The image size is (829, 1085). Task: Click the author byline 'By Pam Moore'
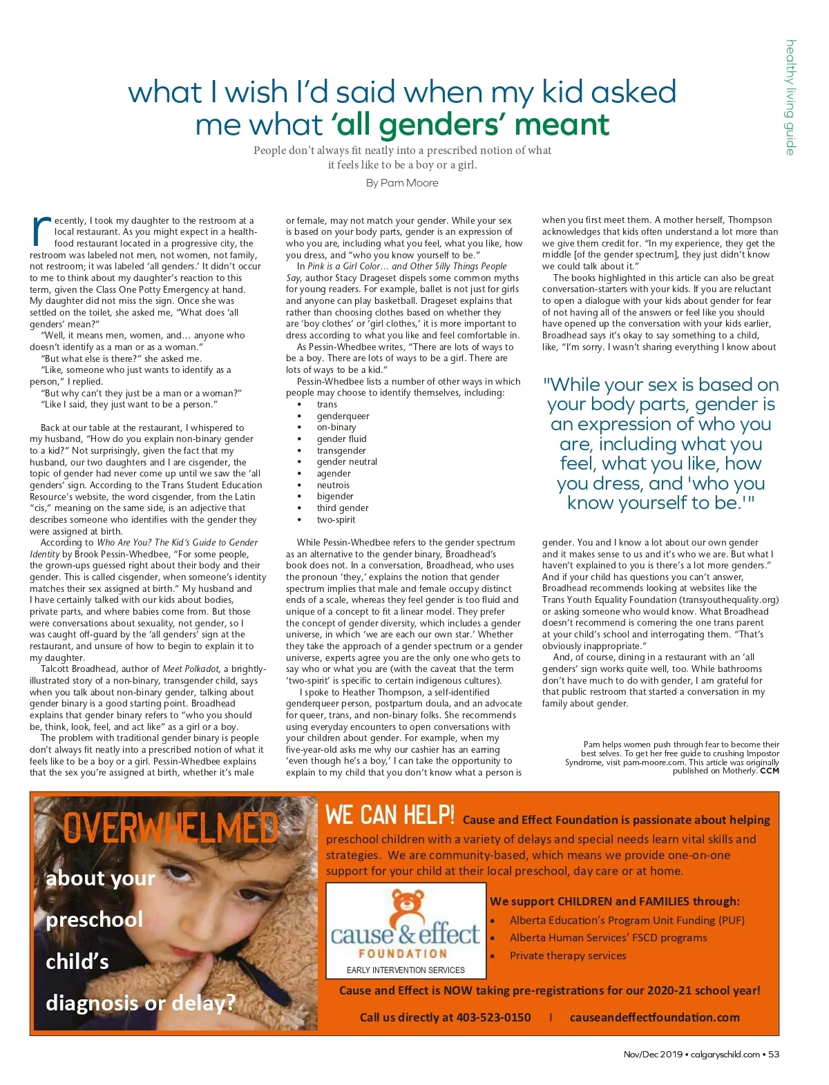402,183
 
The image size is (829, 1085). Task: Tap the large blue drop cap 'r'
41,231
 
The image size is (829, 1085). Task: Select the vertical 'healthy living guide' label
790,97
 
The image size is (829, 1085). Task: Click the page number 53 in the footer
774,1054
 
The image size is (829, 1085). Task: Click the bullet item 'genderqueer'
343,416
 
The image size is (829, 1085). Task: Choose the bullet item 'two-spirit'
336,519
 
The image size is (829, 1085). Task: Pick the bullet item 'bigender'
335,496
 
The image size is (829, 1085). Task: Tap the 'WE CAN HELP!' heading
390,816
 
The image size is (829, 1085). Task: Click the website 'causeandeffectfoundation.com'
654,1017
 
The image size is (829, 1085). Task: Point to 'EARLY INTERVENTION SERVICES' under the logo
406,970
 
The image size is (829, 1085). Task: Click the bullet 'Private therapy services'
568,956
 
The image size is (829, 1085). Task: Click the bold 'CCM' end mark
770,771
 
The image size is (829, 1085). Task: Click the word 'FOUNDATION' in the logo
403,954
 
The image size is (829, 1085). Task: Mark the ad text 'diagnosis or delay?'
140,1002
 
